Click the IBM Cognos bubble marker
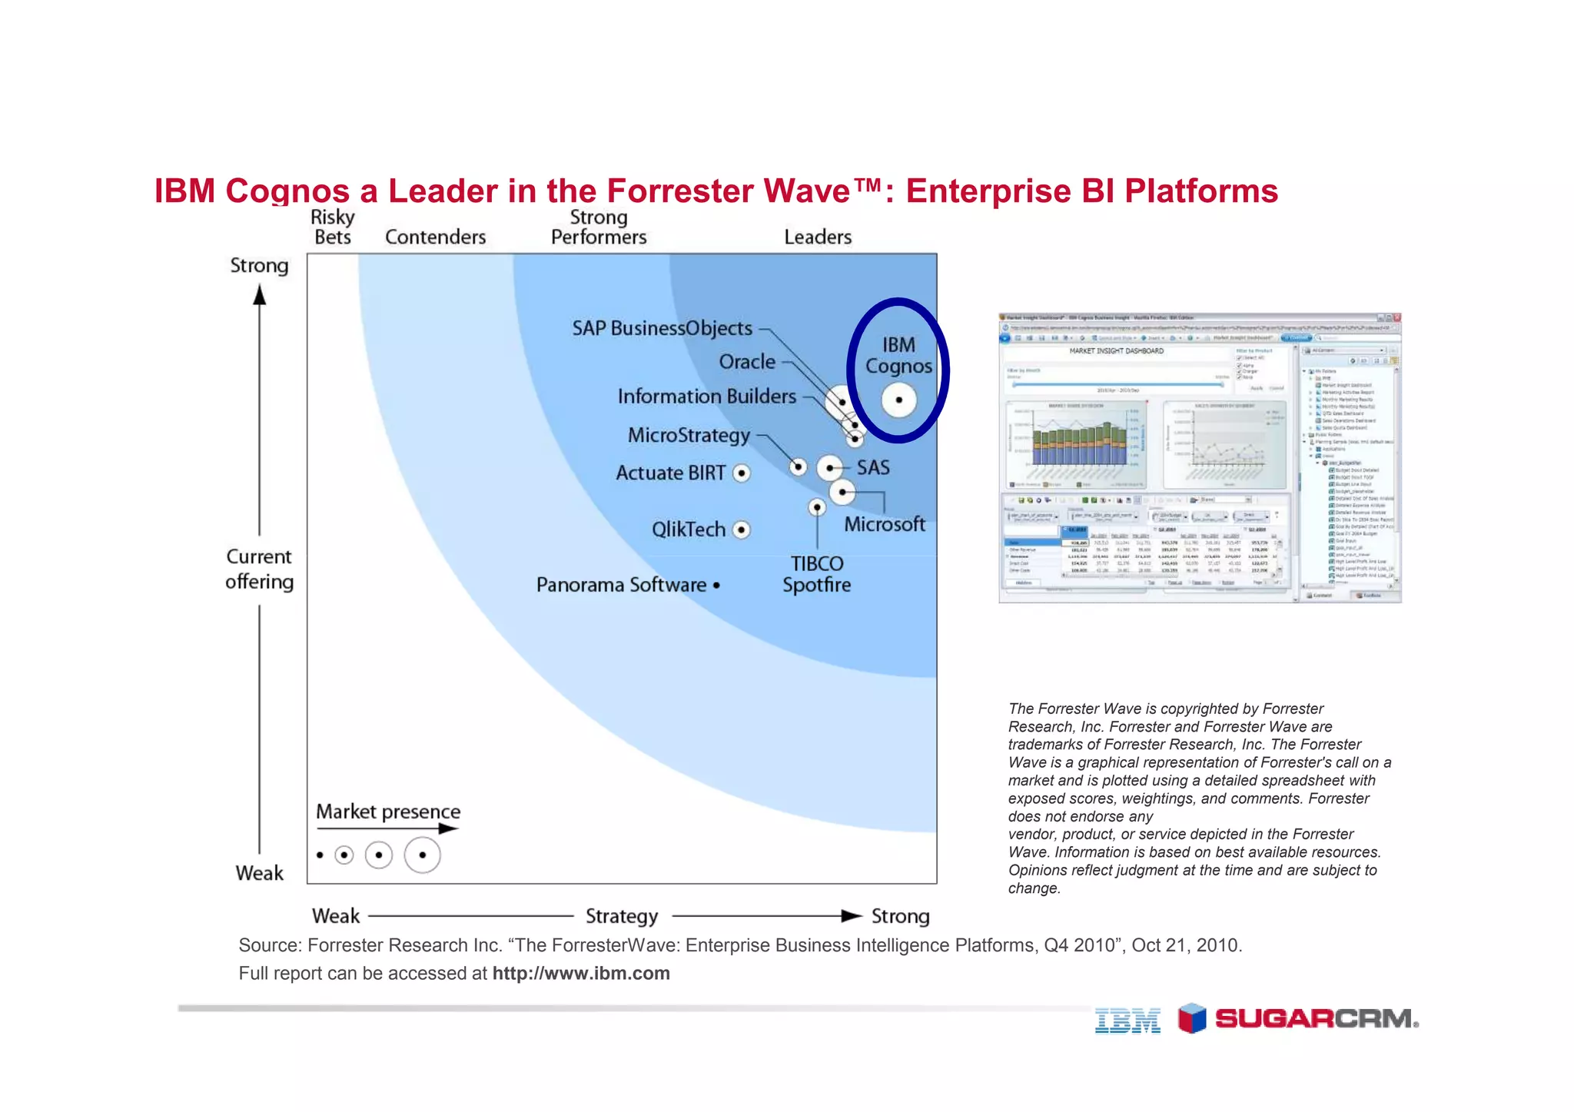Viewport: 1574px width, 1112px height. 898,400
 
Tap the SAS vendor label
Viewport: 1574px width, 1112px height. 873,467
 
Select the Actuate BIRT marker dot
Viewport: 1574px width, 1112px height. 742,473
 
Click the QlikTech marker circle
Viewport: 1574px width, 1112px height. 742,529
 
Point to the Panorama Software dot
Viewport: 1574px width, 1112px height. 716,585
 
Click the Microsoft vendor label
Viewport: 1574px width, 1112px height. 885,524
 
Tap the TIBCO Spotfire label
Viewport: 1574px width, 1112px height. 817,574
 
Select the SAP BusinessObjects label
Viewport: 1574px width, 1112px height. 662,328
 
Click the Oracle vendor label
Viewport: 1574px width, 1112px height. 747,361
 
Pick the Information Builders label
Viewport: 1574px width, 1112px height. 706,397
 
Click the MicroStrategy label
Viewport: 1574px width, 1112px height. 689,435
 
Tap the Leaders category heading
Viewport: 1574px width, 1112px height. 818,237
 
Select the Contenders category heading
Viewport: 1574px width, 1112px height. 435,237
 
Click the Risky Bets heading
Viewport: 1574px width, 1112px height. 333,227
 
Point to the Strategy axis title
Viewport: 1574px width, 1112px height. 622,916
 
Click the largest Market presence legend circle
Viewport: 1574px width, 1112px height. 422,855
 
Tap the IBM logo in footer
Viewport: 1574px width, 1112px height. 1127,1021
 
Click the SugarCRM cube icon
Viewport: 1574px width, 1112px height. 1192,1018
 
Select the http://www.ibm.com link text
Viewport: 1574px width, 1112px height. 581,973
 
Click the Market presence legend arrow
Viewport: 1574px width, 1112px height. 388,828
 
